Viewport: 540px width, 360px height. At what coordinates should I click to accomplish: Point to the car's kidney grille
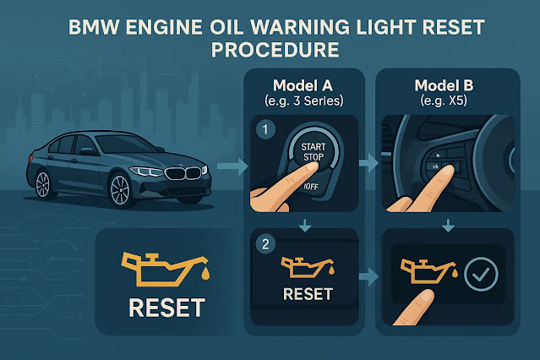[x=187, y=175]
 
